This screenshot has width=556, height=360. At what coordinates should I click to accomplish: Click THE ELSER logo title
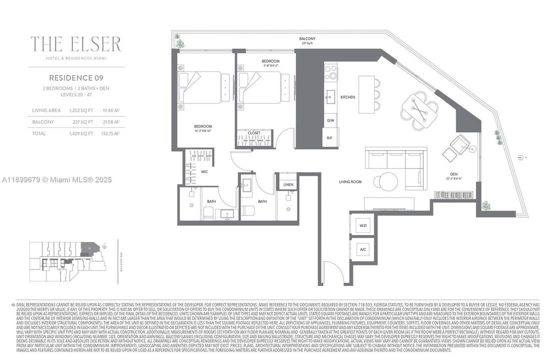coord(76,44)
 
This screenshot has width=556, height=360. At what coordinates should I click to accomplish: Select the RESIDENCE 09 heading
coord(76,77)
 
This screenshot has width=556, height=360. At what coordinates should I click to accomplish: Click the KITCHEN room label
coord(348,97)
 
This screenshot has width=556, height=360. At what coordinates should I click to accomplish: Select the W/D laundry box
coord(363,225)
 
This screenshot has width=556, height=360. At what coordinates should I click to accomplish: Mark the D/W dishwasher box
coord(330,120)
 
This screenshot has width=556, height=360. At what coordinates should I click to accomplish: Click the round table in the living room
coord(388,181)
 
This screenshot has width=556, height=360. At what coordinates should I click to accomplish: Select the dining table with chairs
coord(419,110)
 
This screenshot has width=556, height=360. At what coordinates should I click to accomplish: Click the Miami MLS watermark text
coord(56,179)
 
